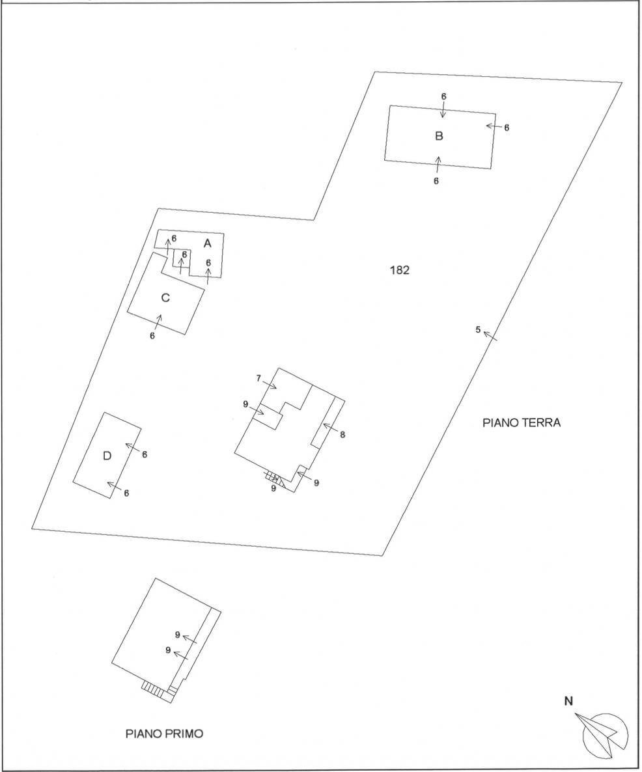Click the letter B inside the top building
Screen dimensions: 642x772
[439, 136]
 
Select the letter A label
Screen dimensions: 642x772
[208, 243]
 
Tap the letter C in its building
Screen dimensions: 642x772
[165, 298]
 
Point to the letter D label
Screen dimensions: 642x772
[107, 456]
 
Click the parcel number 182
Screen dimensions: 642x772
[399, 270]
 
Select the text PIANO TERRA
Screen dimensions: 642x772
[522, 422]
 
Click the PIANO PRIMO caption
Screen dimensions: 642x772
[165, 734]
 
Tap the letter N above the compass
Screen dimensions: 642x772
[568, 701]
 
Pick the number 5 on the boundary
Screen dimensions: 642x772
[478, 329]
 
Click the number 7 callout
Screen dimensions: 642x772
[258, 378]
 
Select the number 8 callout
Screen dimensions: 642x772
[342, 434]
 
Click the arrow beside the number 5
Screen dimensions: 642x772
[490, 336]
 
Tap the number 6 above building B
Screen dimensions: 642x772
[443, 96]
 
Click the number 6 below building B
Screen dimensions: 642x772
[436, 181]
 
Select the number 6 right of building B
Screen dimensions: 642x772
[507, 128]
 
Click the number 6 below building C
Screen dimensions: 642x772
[152, 336]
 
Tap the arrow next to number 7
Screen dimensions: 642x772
[270, 384]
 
